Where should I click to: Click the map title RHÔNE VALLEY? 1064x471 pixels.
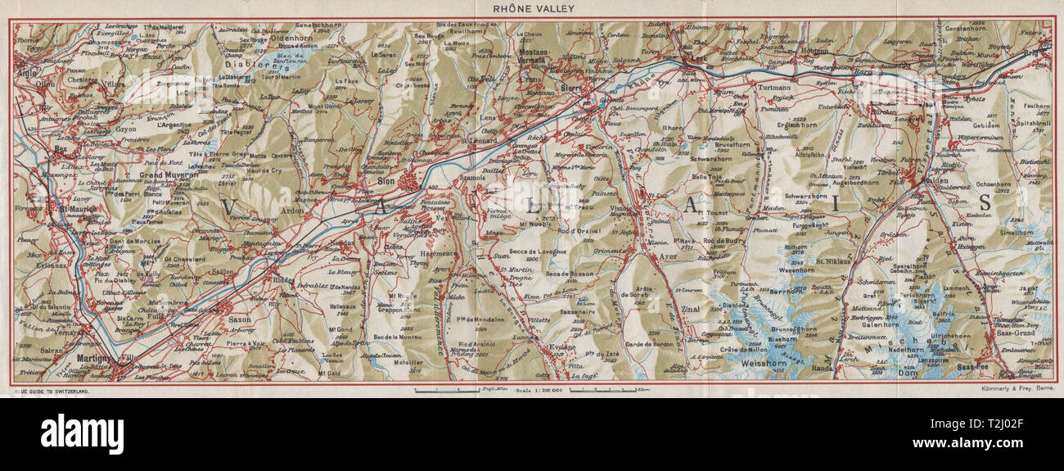532,8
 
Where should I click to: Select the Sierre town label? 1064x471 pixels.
570,84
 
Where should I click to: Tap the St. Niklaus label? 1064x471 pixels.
832,262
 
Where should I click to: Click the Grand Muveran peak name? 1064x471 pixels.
169,174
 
